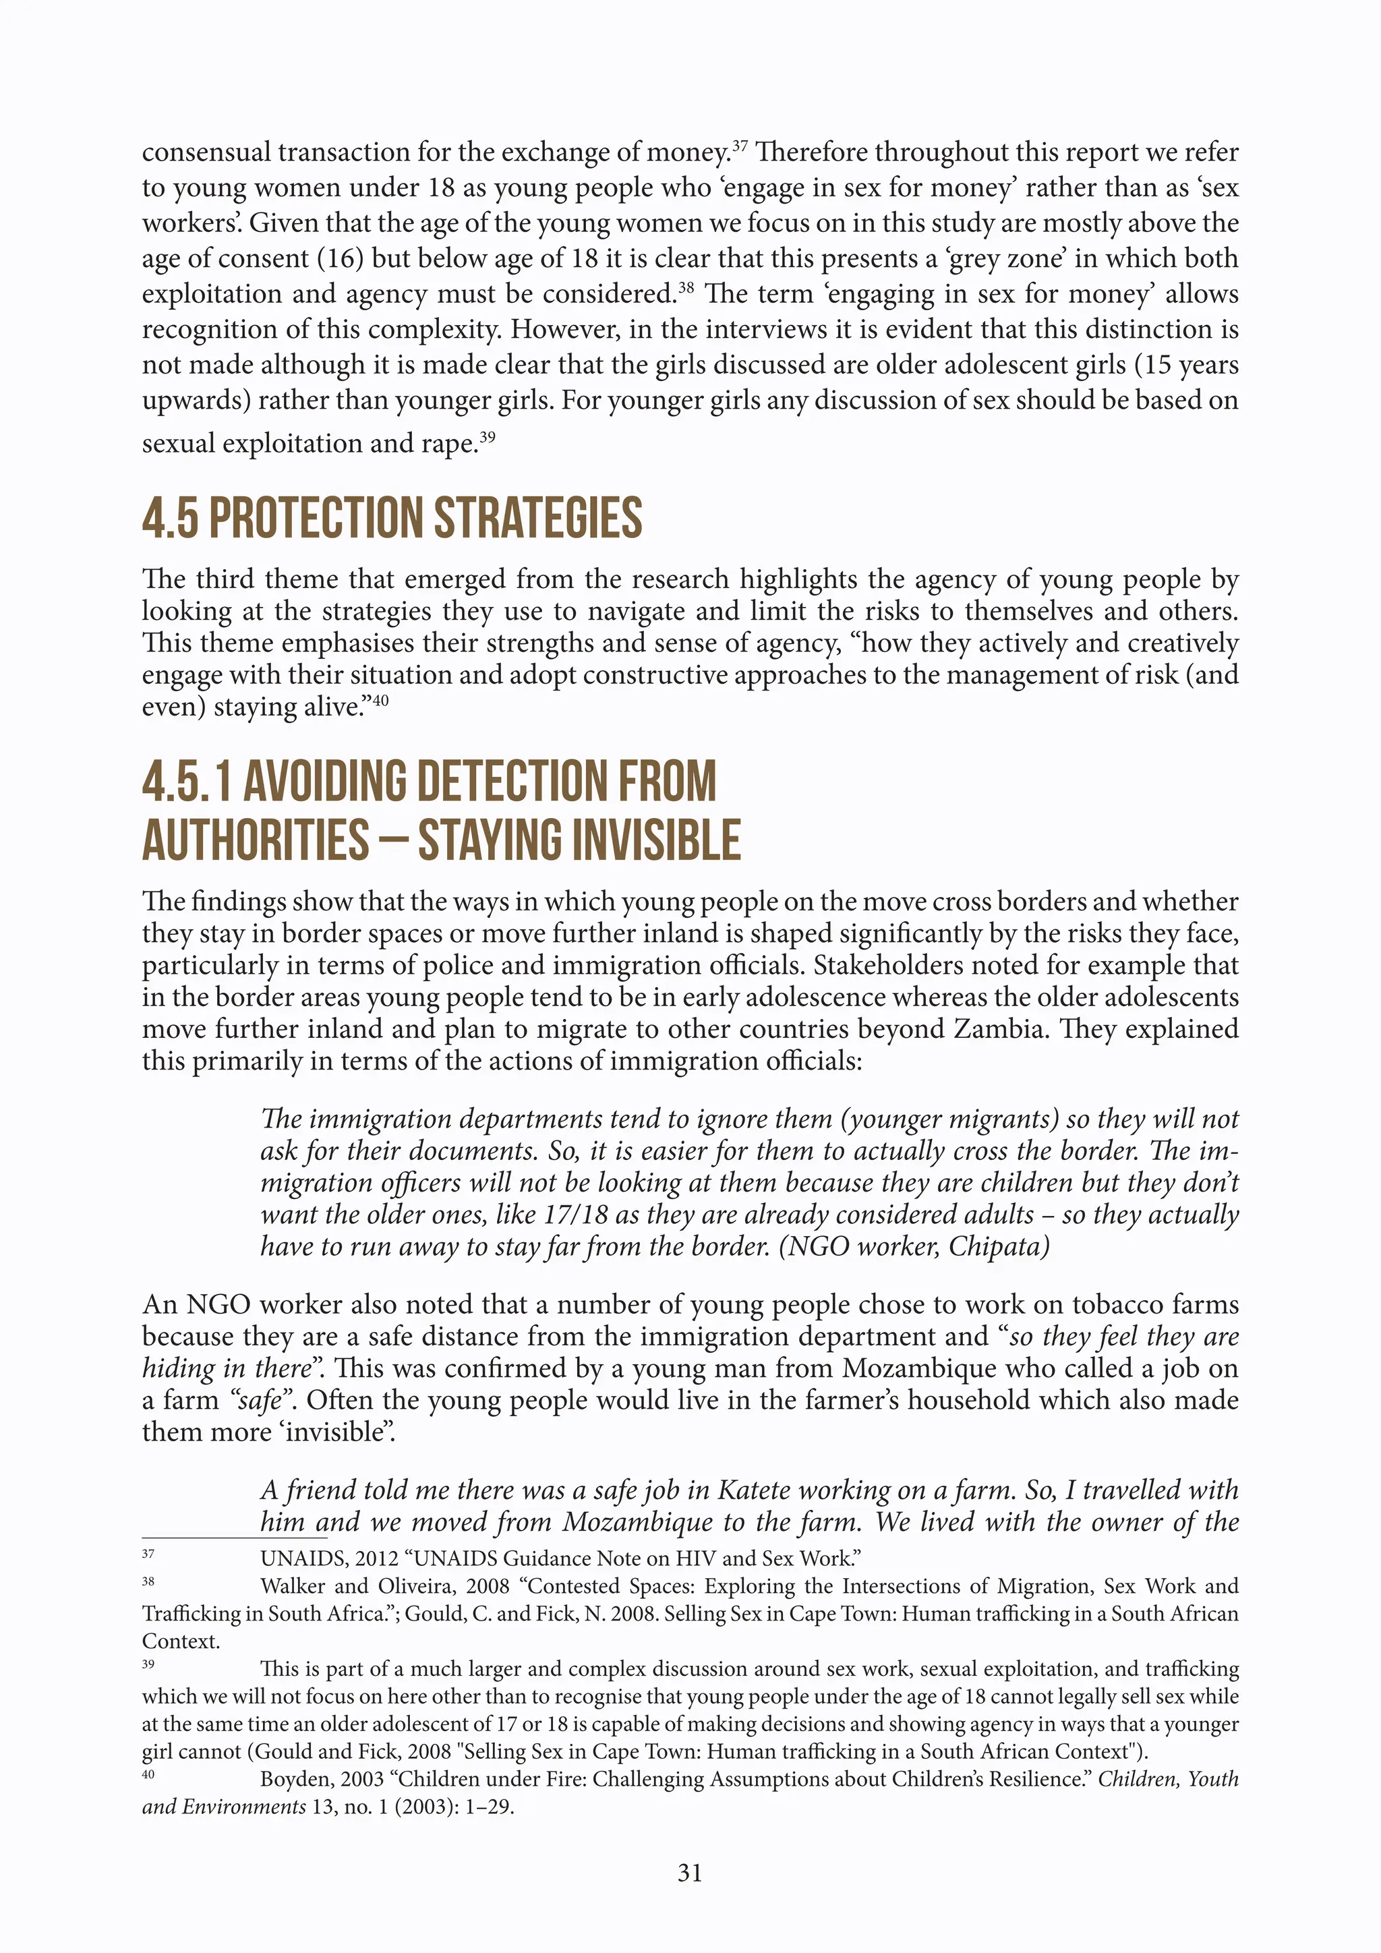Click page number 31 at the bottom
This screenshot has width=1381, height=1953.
[690, 1872]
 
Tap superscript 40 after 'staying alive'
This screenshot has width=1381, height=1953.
[380, 700]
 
